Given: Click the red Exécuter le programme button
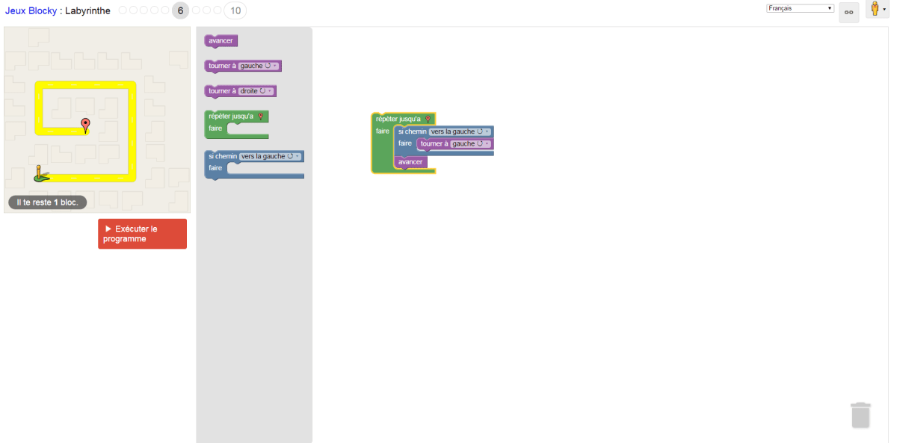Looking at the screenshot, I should pos(142,234).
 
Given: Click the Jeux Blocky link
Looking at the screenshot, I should pos(31,11).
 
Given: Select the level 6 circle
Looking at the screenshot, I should pos(180,10).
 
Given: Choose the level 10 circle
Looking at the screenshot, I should pos(235,10).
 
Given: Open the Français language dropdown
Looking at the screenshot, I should pos(800,8).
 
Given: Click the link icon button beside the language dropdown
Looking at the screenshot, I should pos(848,12).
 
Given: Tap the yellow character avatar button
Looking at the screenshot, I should pos(876,10).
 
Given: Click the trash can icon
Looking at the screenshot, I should pos(860,415).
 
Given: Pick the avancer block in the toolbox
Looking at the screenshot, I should pos(221,41).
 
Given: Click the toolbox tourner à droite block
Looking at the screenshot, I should pos(222,91).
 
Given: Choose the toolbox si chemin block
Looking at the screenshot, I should pos(223,156).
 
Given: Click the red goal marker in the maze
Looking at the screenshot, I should pos(85,125).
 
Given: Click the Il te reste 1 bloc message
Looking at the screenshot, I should pos(48,202).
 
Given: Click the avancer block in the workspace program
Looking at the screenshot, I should pos(410,162).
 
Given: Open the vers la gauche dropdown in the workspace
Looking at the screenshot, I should pos(460,131).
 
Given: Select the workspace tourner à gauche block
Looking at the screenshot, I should pos(433,144).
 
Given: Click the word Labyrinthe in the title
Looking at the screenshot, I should pos(87,11).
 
